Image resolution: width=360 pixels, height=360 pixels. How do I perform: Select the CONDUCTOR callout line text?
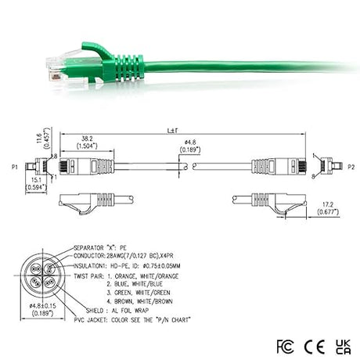(145, 255)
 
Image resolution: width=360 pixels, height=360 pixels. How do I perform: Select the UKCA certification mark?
(342, 344)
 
